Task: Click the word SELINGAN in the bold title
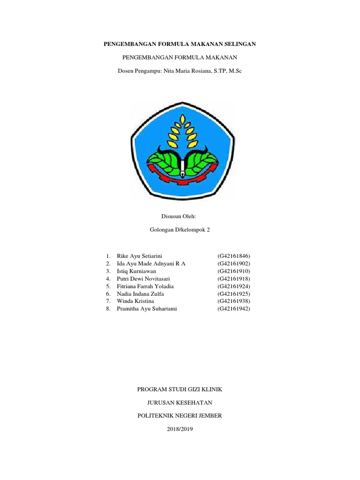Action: [240, 44]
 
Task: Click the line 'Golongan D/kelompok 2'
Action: [180, 231]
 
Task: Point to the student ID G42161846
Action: [234, 256]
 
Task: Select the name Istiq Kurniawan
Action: [136, 271]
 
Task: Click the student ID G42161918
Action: [234, 278]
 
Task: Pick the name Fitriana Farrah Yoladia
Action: [145, 286]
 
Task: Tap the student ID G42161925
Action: [234, 293]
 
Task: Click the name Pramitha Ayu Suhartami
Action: [148, 308]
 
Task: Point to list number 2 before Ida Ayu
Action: [108, 264]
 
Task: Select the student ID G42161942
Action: [234, 308]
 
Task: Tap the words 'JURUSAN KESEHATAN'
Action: [180, 403]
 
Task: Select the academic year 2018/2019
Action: [180, 429]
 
